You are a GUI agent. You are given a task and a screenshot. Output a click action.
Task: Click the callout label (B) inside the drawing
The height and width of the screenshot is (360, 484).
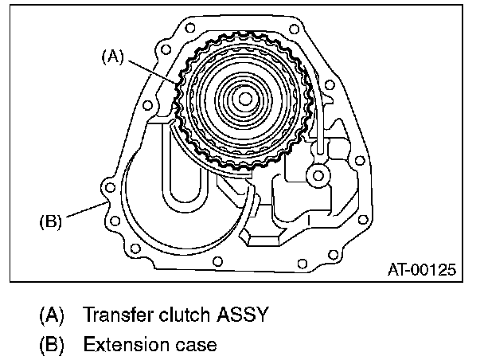[51, 221]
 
